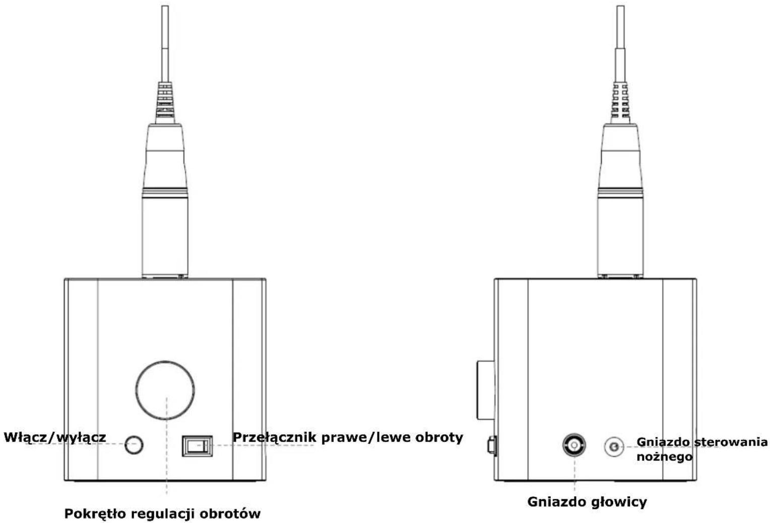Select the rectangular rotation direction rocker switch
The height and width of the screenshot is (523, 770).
(197, 446)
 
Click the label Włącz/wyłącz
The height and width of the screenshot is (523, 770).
(55, 437)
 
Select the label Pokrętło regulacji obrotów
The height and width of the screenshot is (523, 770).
(162, 513)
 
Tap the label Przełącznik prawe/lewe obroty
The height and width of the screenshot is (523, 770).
(348, 437)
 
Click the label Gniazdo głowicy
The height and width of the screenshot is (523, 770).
(587, 502)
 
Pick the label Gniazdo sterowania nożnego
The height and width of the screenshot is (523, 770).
(701, 449)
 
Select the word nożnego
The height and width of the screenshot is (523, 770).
(664, 456)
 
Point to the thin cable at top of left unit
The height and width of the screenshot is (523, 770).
(165, 43)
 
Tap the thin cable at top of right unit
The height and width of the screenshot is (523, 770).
(620, 43)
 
